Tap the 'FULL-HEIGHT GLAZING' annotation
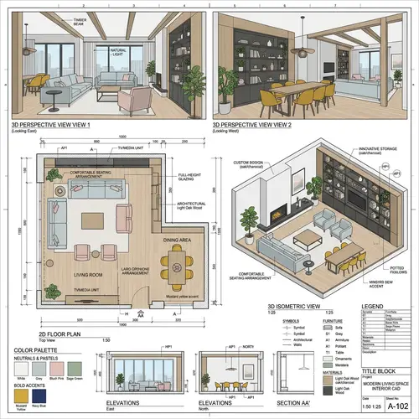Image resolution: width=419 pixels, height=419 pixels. [192, 178]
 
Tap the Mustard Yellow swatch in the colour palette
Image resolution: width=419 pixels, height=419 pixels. [21, 394]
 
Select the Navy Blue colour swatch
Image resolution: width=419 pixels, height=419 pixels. [39, 394]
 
